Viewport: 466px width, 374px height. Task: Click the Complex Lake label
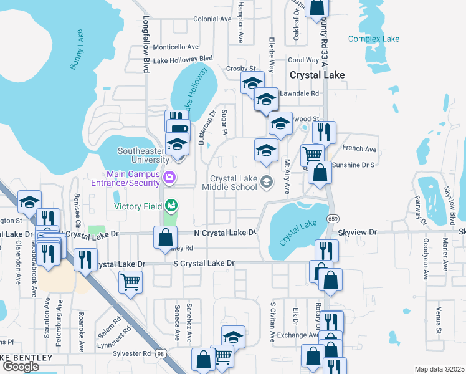coord(373,39)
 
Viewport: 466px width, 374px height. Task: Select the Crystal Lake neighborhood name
coord(317,75)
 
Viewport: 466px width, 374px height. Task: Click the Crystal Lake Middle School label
coord(233,182)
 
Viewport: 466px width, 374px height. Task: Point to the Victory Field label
coord(137,206)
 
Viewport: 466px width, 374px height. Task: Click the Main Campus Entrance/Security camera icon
coord(169,179)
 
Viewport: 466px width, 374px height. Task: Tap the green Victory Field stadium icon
coord(170,205)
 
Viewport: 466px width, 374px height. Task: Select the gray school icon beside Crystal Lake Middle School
coord(266,182)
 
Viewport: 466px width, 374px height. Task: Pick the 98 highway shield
coord(161,353)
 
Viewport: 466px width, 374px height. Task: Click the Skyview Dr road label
coord(358,232)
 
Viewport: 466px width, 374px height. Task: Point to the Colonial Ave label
coord(212,19)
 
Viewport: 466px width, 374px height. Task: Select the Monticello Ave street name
coord(175,47)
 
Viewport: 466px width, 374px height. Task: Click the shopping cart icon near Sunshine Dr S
coord(311,153)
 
